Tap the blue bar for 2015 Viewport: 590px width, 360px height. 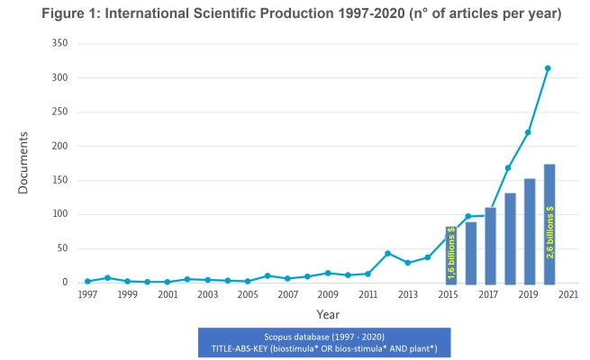(451, 254)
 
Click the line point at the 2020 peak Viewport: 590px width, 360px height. (548, 67)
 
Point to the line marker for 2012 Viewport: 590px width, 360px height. (387, 253)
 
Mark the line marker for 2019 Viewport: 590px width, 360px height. (528, 132)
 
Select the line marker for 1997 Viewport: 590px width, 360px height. (87, 282)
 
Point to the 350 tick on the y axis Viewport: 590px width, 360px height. (60, 43)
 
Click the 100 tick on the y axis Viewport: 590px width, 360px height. (60, 214)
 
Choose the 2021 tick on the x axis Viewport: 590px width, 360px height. (567, 294)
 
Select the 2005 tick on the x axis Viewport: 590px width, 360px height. (248, 294)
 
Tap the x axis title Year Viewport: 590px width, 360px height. (327, 314)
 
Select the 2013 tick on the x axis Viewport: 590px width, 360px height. (407, 294)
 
